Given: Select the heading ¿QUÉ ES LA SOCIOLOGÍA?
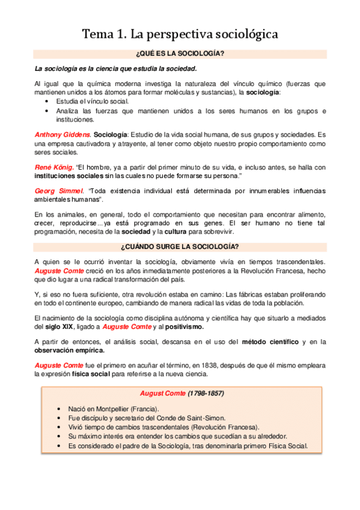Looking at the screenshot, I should [x=180, y=54].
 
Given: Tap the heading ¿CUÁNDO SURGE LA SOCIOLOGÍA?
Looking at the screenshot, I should [x=180, y=247].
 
